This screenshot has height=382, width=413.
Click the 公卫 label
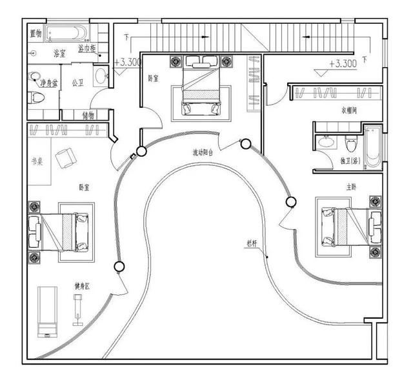(77, 83)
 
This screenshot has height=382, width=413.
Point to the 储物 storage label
(88, 115)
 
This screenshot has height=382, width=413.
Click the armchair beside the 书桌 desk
(64, 157)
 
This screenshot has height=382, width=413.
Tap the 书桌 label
(38, 161)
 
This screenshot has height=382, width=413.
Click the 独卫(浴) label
(350, 160)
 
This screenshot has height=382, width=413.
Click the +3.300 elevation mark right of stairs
(343, 64)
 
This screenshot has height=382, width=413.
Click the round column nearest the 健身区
(118, 266)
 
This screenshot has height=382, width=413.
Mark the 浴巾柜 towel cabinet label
(87, 49)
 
